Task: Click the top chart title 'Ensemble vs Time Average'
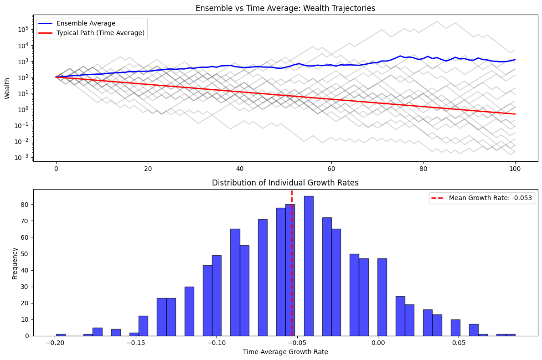pyautogui.click(x=285, y=8)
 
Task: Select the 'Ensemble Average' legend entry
pyautogui.click(x=86, y=23)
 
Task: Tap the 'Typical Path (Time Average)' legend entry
pyautogui.click(x=100, y=32)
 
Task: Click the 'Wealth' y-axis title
pyautogui.click(x=7, y=88)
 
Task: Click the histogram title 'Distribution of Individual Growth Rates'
pyautogui.click(x=285, y=183)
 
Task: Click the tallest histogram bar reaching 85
pyautogui.click(x=309, y=266)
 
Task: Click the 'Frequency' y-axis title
pyautogui.click(x=15, y=263)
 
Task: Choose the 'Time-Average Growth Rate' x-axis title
pyautogui.click(x=285, y=352)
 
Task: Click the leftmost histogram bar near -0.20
pyautogui.click(x=61, y=335)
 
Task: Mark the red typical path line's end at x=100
pyautogui.click(x=515, y=114)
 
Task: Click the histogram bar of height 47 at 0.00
pyautogui.click(x=382, y=297)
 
